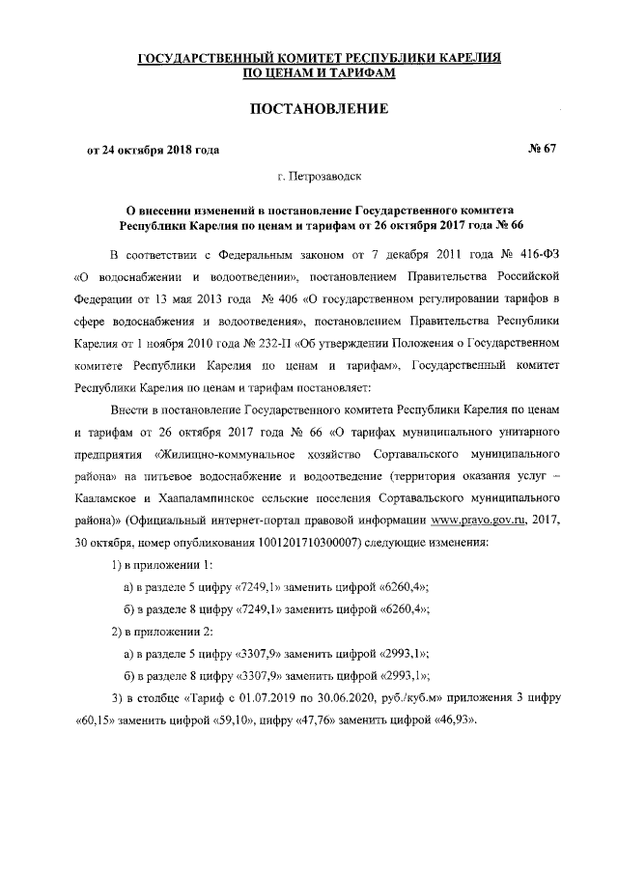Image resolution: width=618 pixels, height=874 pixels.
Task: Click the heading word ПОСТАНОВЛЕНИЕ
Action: (320, 109)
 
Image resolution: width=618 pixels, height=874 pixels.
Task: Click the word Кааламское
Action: (115, 498)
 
